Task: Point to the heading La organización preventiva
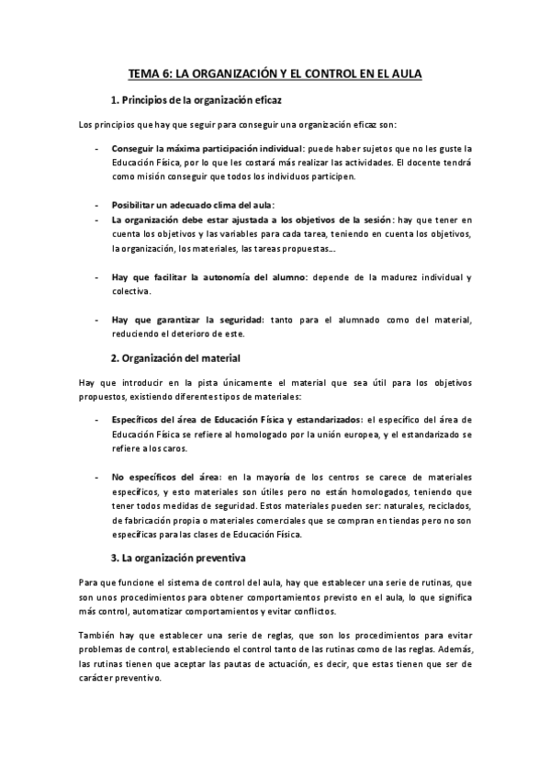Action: (185, 557)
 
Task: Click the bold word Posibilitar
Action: (135, 204)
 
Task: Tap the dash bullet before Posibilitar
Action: (97, 204)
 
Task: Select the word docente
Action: (429, 161)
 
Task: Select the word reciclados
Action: (447, 506)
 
